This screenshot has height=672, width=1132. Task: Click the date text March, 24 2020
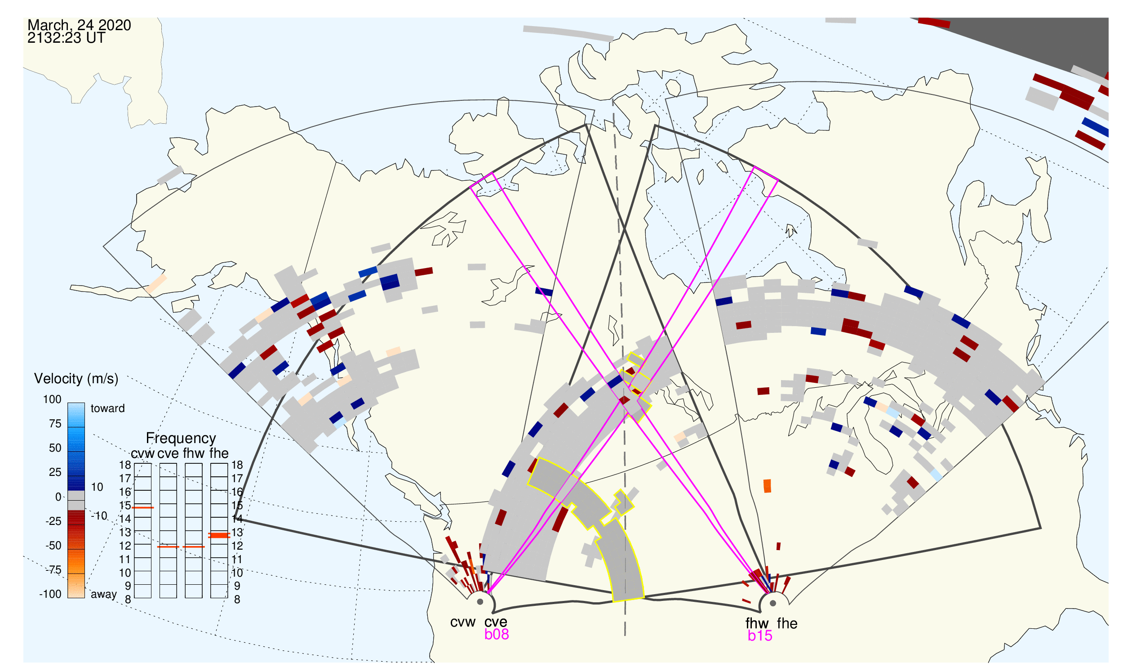(79, 25)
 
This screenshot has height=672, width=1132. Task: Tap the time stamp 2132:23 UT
(66, 38)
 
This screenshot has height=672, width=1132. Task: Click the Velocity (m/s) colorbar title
(76, 379)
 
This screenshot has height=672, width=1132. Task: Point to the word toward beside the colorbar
(108, 408)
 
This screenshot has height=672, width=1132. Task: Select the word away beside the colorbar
(104, 594)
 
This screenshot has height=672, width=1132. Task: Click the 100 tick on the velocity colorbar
(52, 399)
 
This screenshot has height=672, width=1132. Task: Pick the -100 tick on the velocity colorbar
(50, 594)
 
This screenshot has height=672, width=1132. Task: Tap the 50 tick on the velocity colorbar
(55, 448)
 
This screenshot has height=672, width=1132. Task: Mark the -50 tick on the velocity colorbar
(53, 546)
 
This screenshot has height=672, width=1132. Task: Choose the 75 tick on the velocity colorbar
(55, 424)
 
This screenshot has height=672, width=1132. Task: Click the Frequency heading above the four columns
(181, 439)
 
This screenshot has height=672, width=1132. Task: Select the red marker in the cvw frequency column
(142, 508)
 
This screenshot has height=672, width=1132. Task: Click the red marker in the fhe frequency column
(219, 535)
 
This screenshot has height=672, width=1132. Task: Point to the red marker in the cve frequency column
(168, 547)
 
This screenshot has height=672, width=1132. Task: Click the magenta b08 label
(497, 634)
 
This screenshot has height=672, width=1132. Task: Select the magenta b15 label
(760, 636)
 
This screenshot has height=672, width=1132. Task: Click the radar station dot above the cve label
(480, 602)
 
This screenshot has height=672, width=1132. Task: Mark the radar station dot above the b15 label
(773, 603)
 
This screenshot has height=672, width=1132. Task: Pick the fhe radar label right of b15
(787, 623)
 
